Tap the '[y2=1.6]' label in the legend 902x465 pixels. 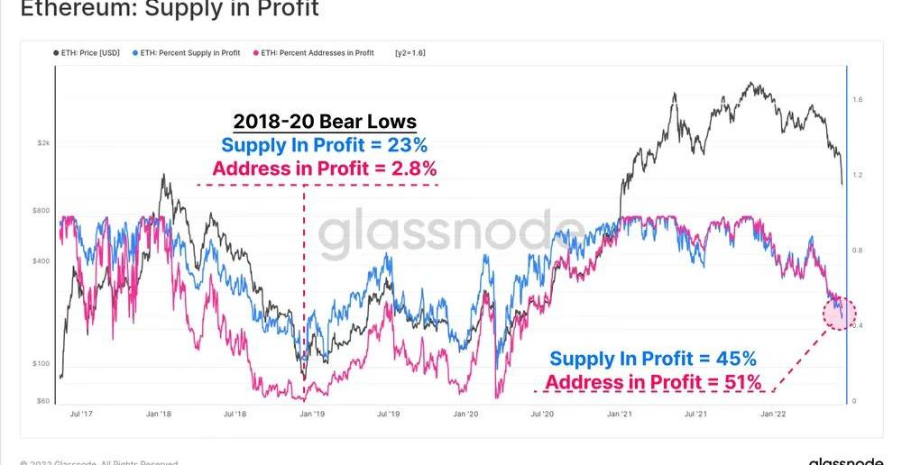pos(410,53)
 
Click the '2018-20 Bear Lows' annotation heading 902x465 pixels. pos(325,122)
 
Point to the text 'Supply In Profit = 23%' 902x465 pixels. pos(325,145)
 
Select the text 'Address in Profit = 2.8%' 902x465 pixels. pos(325,169)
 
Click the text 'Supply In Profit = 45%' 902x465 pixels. pos(653,359)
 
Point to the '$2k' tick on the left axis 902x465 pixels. pos(43,143)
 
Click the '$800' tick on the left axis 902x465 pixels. pos(41,210)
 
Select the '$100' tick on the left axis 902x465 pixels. pos(41,364)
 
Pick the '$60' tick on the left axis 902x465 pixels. pos(43,401)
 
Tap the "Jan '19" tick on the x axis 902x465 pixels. pos(312,414)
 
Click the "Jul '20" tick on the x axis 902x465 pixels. pos(542,414)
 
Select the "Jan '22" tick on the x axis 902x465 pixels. pos(772,414)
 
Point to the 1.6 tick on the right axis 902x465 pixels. pos(858,99)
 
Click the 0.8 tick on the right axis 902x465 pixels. pos(858,250)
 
